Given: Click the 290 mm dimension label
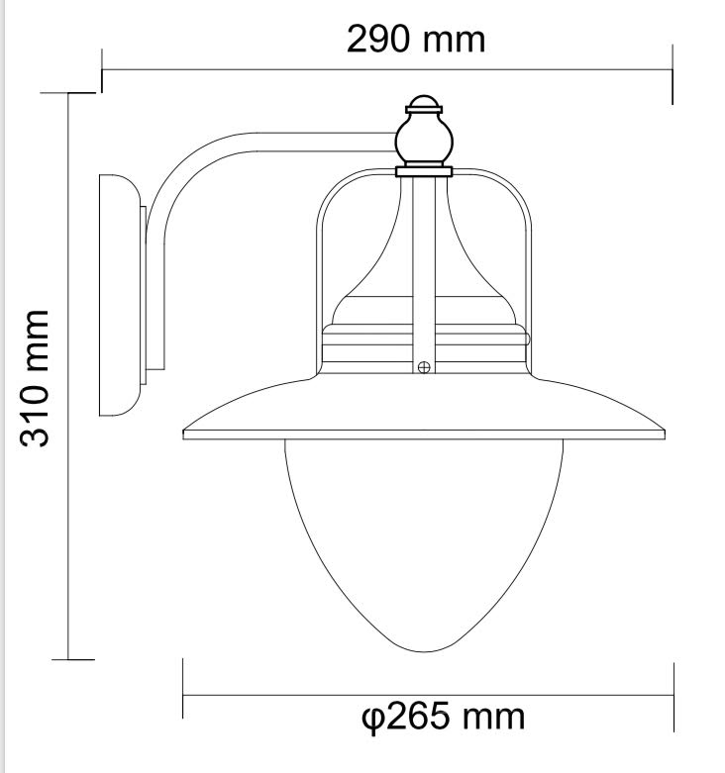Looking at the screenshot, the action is (416, 39).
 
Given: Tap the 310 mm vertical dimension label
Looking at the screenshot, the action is (35, 379).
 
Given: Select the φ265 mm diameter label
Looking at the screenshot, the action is (443, 717).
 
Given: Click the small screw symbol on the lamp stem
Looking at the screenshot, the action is (424, 367).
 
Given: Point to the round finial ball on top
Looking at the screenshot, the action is (424, 140).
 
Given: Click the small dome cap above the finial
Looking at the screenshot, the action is (424, 101).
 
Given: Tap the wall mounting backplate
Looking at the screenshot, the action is (120, 295).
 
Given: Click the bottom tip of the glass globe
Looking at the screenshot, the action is (424, 651).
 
